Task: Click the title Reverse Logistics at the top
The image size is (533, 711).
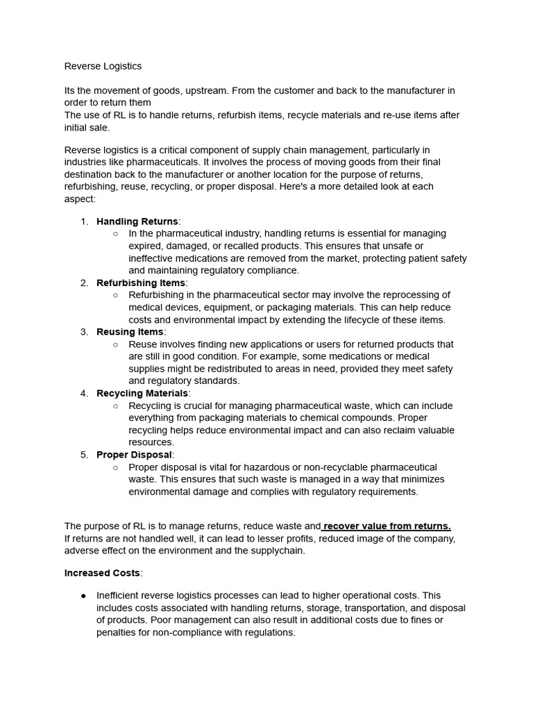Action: coord(103,66)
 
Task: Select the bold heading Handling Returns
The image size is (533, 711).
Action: coord(137,221)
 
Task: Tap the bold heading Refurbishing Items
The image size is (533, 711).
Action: coord(141,283)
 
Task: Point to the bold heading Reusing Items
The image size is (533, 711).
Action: coord(130,332)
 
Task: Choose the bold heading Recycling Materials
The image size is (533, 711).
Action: coord(142,393)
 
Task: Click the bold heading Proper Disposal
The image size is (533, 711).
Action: coord(134,455)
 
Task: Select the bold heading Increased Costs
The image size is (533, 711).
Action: coord(102,573)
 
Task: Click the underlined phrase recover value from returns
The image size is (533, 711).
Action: coord(387,526)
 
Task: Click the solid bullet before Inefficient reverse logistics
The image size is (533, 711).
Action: coord(84,596)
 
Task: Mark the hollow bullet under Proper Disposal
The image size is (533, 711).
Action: coord(115,467)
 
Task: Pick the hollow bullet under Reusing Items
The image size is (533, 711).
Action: coord(115,344)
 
